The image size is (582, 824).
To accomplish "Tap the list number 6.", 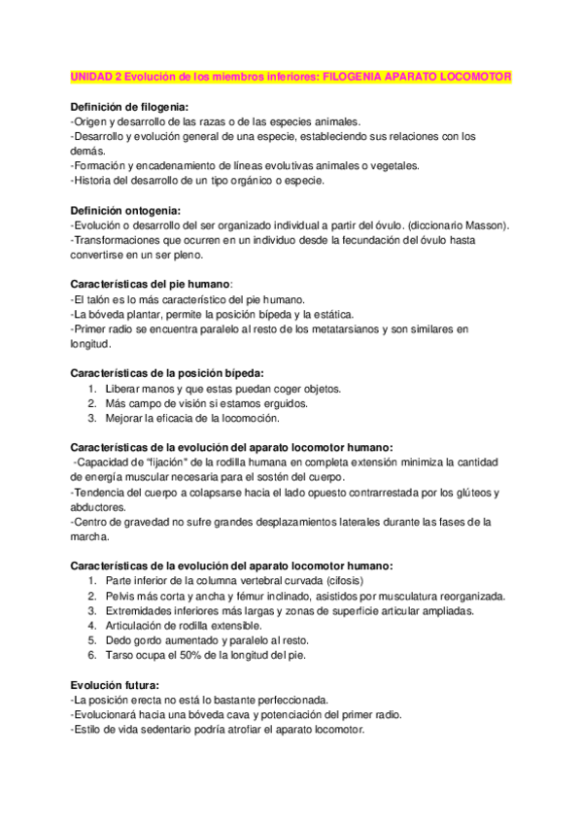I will pyautogui.click(x=90, y=655).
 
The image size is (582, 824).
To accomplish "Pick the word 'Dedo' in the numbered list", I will pyautogui.click(x=121, y=640).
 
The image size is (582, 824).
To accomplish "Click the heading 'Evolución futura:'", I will pyautogui.click(x=115, y=685).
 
